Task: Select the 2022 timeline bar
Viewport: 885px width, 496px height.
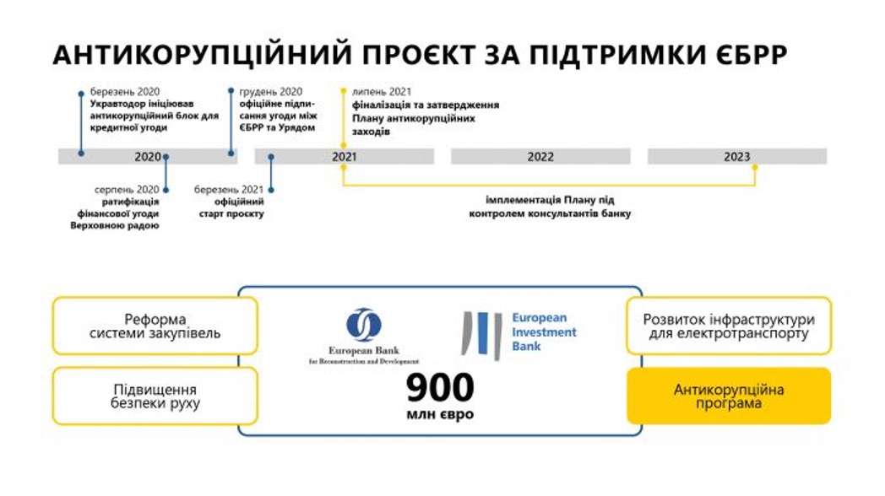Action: [x=540, y=157]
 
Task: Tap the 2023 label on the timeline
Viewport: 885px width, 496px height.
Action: [x=736, y=157]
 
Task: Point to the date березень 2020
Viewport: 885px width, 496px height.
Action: [x=125, y=92]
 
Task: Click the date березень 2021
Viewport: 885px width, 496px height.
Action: [x=229, y=190]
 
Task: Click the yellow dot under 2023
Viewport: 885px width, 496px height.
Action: [x=754, y=167]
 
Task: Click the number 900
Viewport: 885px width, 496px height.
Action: [x=440, y=388]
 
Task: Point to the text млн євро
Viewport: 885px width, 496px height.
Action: [x=440, y=415]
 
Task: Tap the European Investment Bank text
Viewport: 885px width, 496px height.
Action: [x=544, y=332]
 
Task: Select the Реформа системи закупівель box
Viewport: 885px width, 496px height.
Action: [x=155, y=326]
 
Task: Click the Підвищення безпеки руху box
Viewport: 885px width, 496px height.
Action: [x=155, y=396]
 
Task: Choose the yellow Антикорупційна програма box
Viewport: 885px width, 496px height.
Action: [x=729, y=396]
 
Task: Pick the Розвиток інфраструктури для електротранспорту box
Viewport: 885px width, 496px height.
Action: [x=729, y=326]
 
